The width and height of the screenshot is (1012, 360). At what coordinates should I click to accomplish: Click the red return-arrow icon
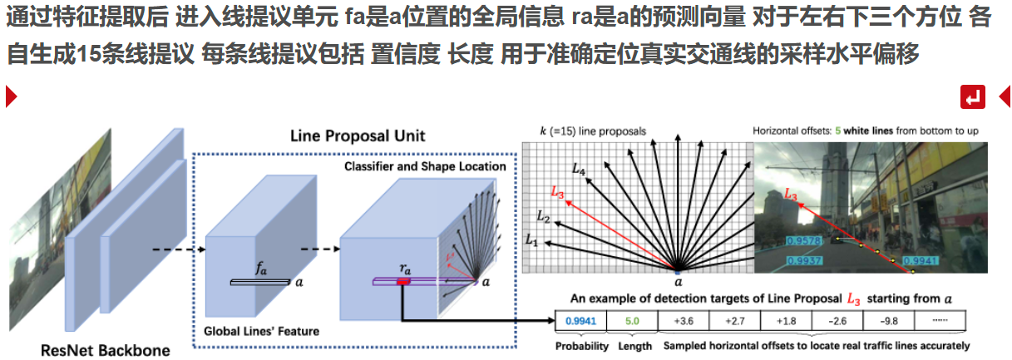click(x=973, y=97)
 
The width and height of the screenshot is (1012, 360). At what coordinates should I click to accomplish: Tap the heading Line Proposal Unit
click(x=358, y=136)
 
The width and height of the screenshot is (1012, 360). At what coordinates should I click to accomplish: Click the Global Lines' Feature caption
click(x=261, y=331)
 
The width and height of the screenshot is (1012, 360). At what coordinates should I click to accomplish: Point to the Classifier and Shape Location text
click(x=425, y=166)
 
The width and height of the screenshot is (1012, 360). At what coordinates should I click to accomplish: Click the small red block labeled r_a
click(x=403, y=283)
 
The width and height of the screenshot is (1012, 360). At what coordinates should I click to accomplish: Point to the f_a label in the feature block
click(x=261, y=269)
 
